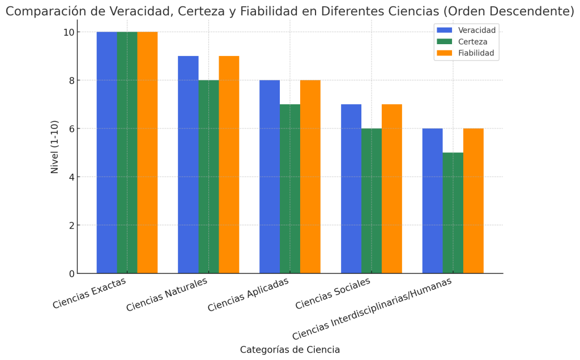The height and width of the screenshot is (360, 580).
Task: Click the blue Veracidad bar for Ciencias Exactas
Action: click(x=106, y=153)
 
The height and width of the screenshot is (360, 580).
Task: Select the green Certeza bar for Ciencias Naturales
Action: click(x=208, y=177)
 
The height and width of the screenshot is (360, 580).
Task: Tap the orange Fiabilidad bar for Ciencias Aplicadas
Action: click(x=310, y=177)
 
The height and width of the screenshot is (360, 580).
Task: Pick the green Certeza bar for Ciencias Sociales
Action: click(x=372, y=201)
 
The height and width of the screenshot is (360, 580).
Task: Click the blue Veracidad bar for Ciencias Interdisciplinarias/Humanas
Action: click(x=432, y=201)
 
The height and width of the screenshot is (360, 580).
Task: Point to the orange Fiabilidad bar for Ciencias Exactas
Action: click(x=147, y=153)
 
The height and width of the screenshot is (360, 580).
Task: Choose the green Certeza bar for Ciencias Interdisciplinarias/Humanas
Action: click(x=453, y=213)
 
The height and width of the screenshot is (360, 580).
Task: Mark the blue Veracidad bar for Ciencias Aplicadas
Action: click(x=270, y=177)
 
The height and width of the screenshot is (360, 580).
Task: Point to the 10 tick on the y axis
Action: click(x=69, y=32)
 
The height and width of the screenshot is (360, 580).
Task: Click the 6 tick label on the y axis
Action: click(x=71, y=128)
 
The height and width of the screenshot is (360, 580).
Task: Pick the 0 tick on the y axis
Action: click(x=71, y=273)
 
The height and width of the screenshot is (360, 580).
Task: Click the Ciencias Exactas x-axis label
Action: click(x=89, y=293)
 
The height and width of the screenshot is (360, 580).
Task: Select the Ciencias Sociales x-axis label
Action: click(x=334, y=293)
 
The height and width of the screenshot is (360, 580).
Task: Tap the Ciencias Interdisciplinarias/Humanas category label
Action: click(x=373, y=308)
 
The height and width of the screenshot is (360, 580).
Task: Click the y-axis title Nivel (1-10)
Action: click(x=55, y=147)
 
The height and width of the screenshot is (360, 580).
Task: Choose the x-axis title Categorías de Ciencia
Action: click(x=290, y=350)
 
